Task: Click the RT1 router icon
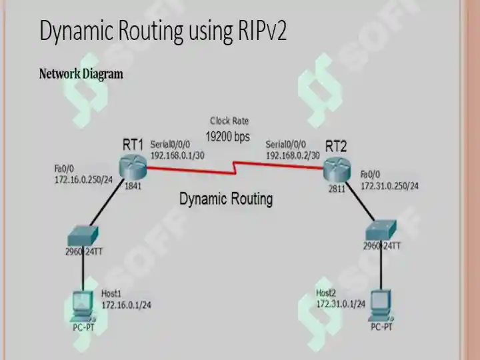pos(133,167)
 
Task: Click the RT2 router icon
pos(337,169)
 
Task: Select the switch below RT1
pos(83,236)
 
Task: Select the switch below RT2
pos(381,229)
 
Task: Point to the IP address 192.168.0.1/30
pos(177,155)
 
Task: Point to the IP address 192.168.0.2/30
pos(293,155)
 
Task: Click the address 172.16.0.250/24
pos(83,180)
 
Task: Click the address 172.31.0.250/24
pos(390,186)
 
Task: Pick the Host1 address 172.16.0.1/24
pos(126,305)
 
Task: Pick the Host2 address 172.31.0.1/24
pos(341,304)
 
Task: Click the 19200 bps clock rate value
pos(228,137)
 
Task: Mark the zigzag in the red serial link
pos(235,168)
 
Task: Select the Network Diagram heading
pos(81,74)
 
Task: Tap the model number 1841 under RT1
pos(133,186)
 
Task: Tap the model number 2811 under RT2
pos(337,189)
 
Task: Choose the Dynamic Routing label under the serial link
pos(226,199)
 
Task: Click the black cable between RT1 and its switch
pos(107,202)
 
